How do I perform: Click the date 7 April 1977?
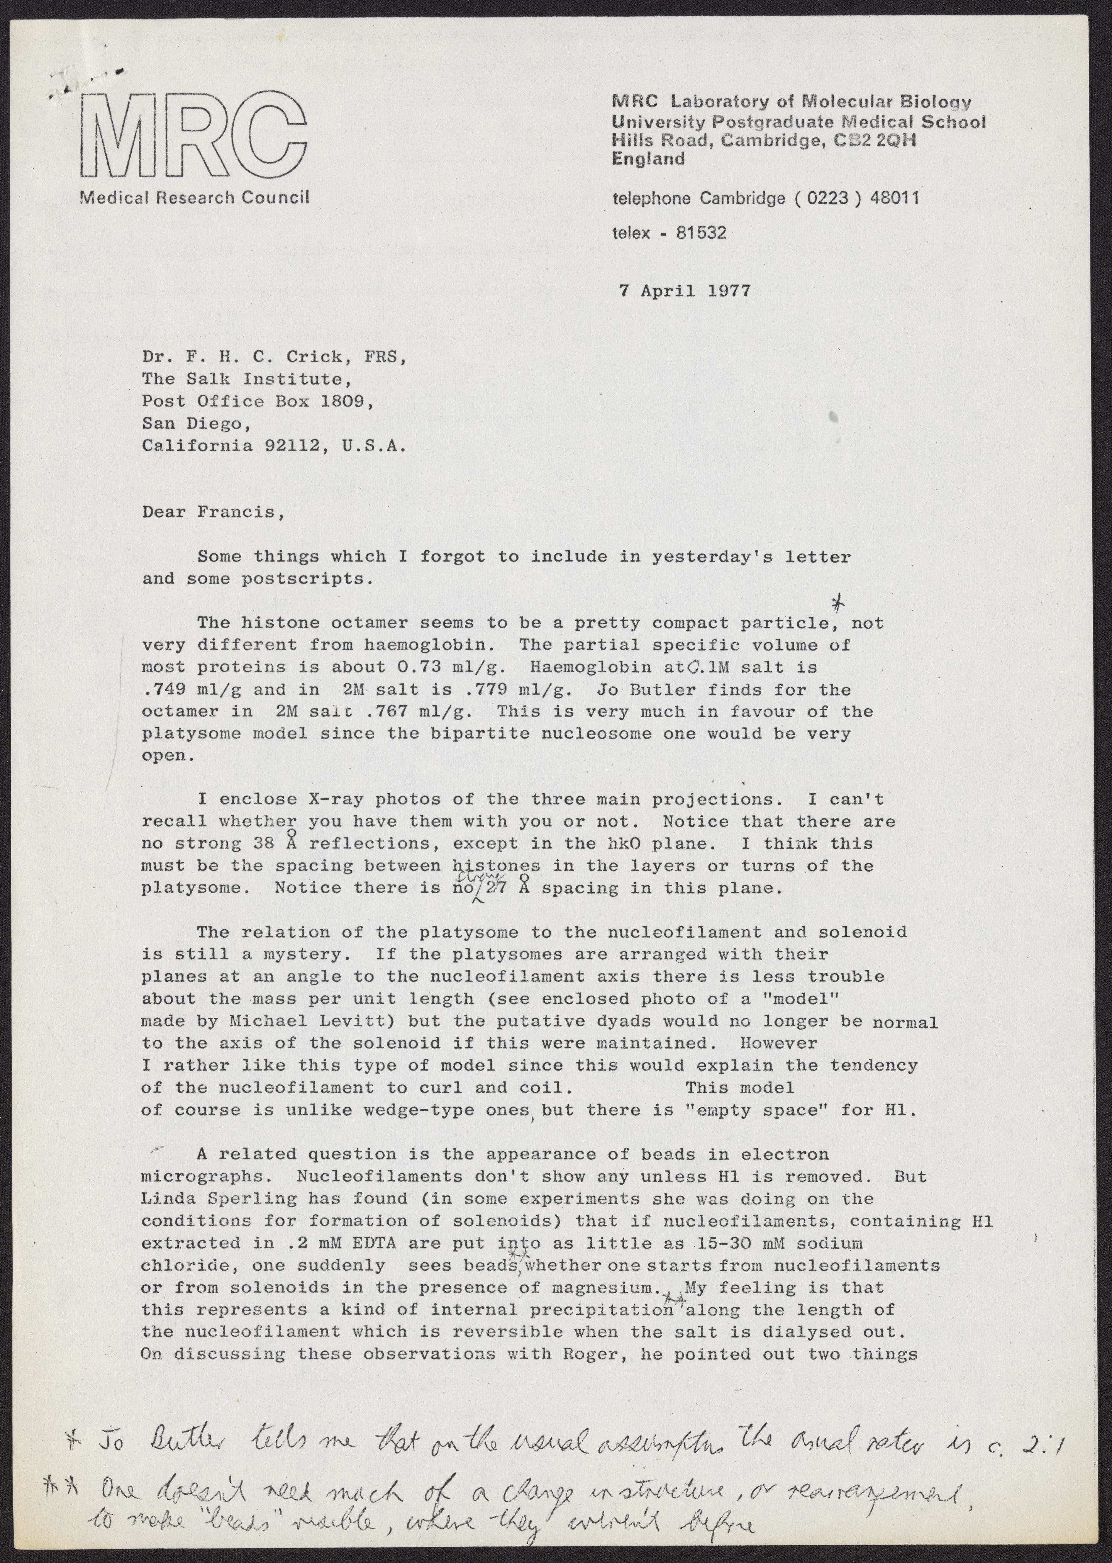tap(684, 290)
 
